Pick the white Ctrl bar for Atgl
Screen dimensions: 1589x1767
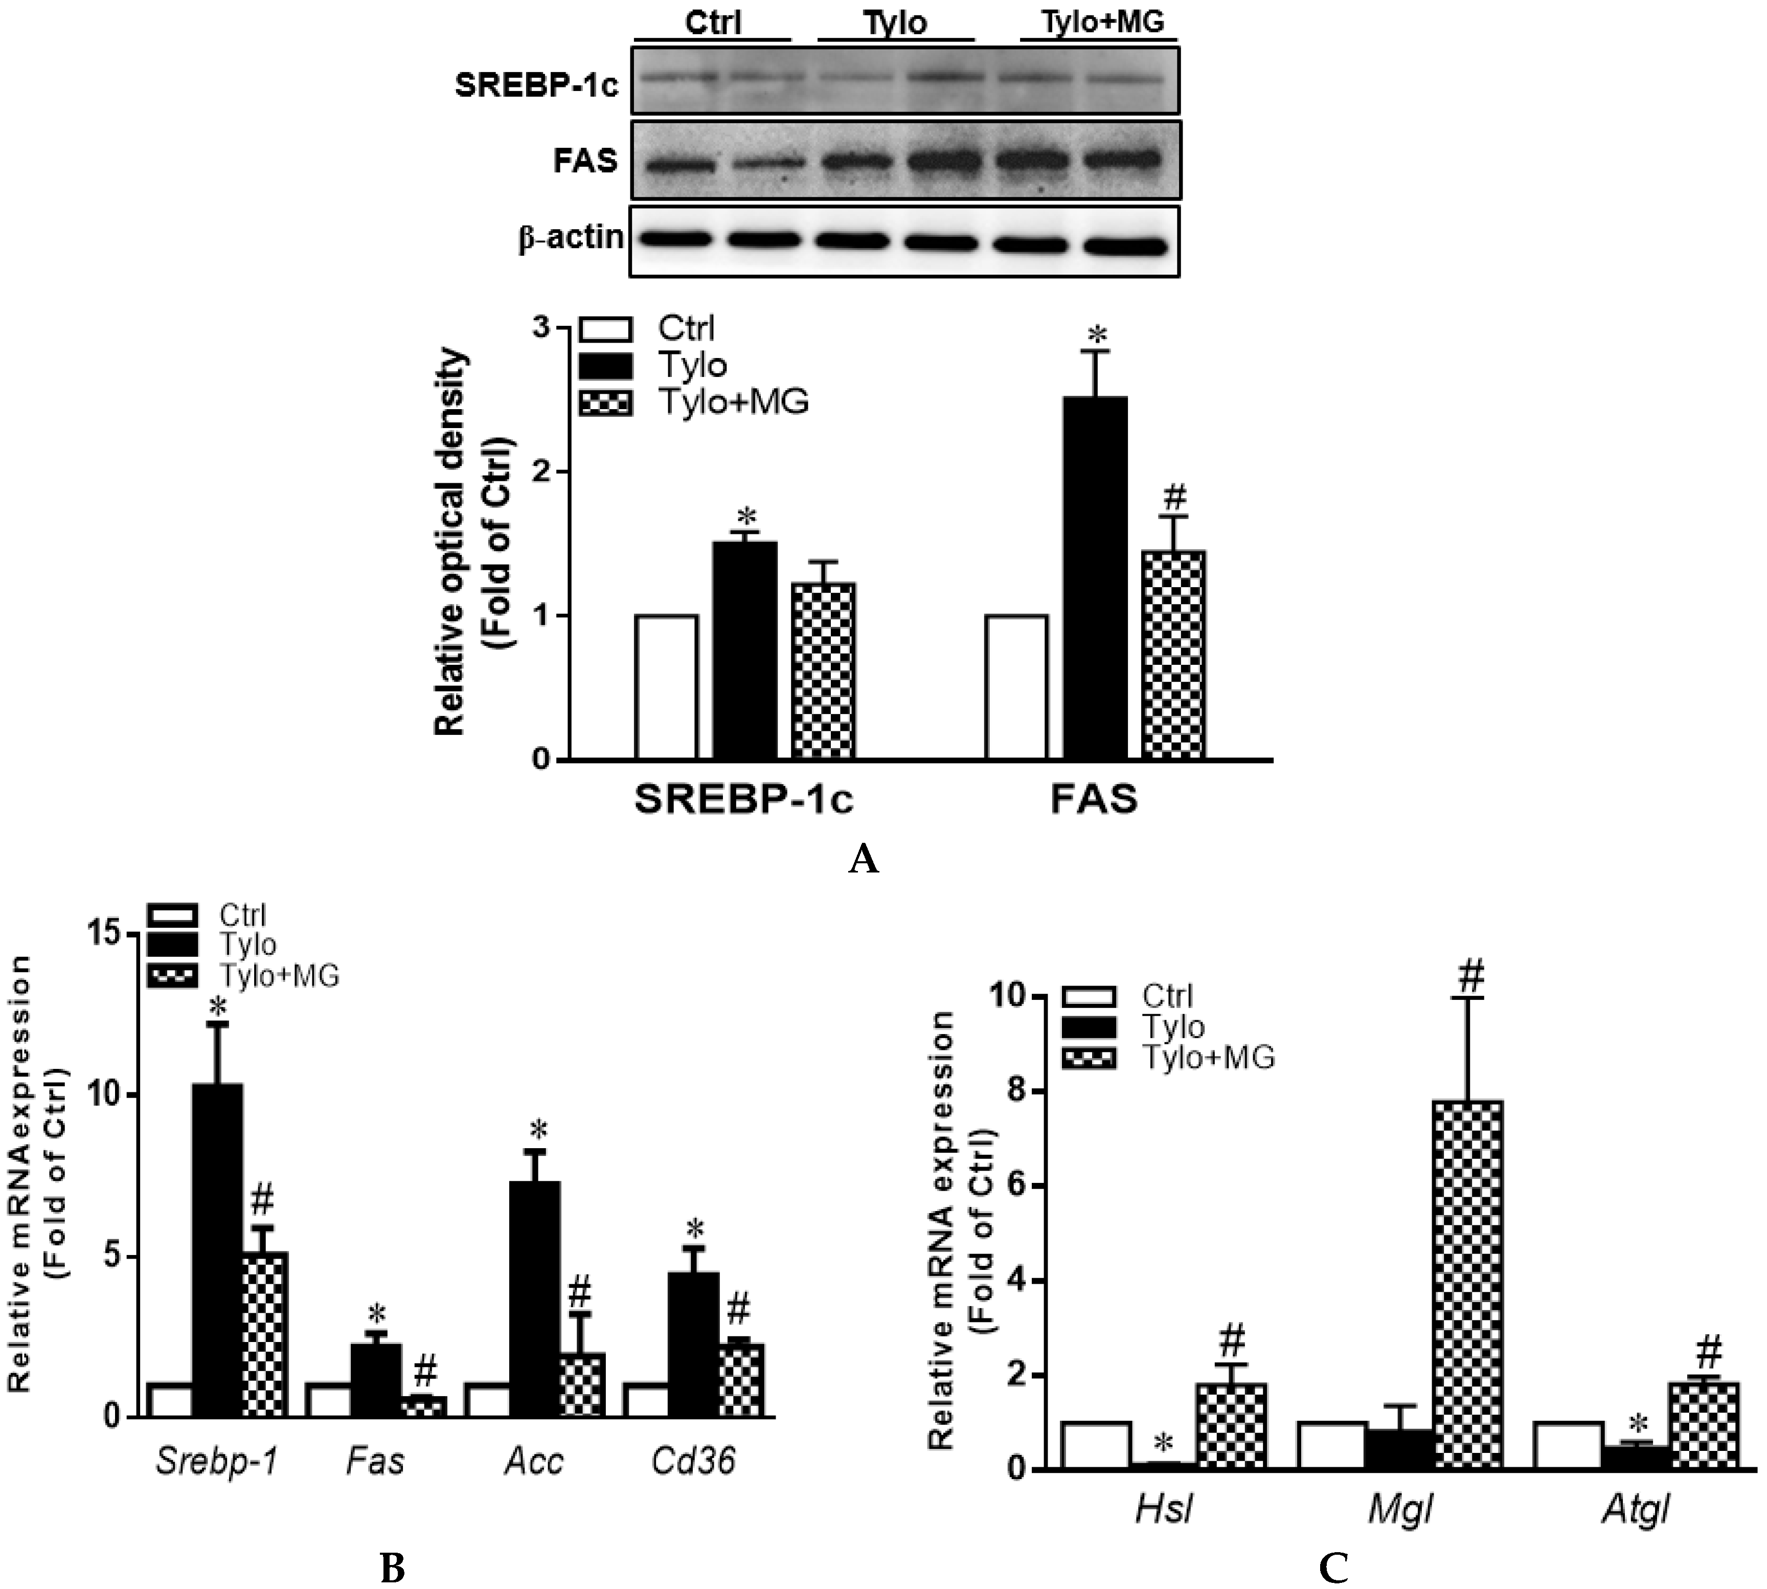point(1568,1446)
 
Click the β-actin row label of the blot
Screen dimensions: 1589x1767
point(571,237)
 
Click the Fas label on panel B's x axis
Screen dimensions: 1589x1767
point(375,1461)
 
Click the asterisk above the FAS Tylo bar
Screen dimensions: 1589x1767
point(1097,334)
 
